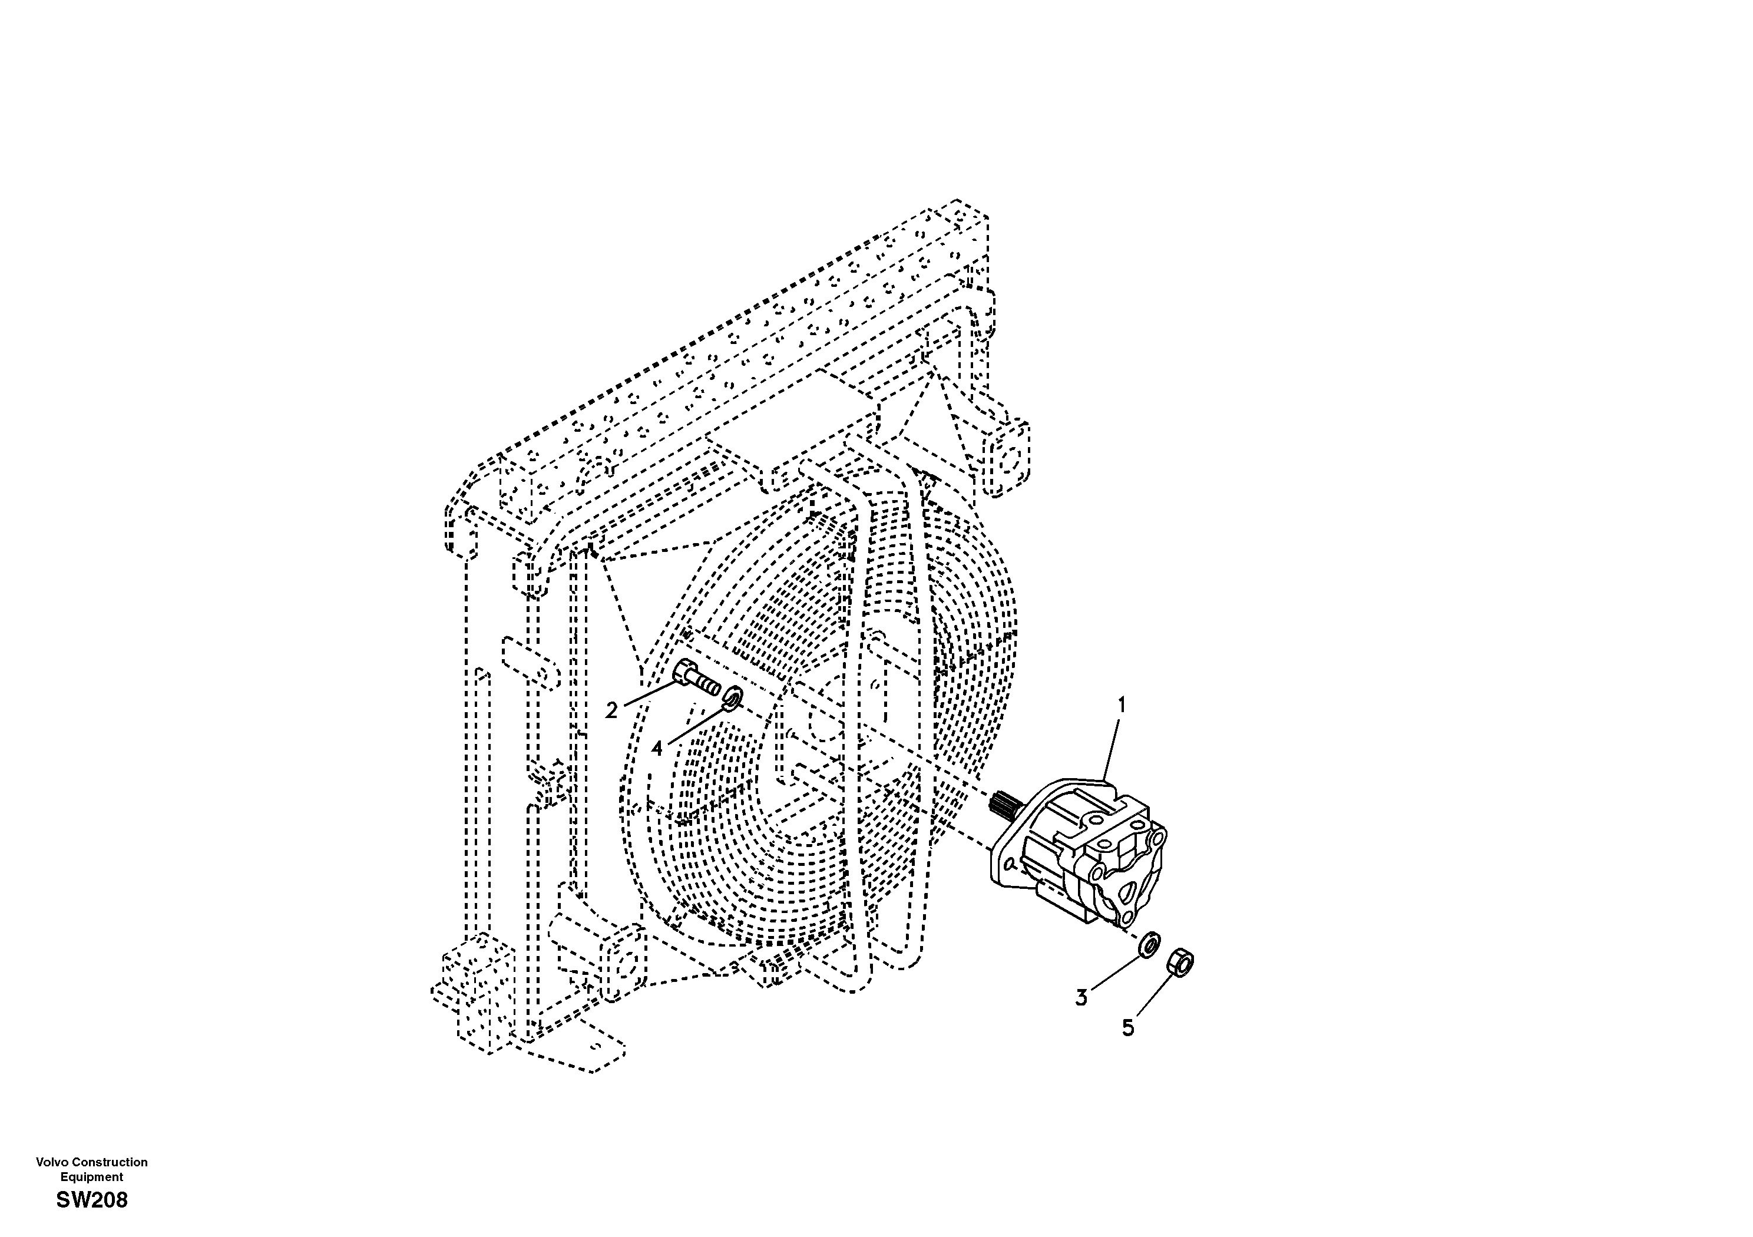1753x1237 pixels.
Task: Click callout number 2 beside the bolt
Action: [x=611, y=711]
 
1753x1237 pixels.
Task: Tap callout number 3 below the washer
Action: [x=1081, y=997]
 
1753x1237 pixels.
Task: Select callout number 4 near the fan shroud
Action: [x=657, y=749]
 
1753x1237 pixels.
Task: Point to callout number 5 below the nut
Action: [x=1127, y=1028]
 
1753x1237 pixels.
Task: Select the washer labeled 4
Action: [x=733, y=696]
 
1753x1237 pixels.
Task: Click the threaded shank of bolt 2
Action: [x=707, y=686]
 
